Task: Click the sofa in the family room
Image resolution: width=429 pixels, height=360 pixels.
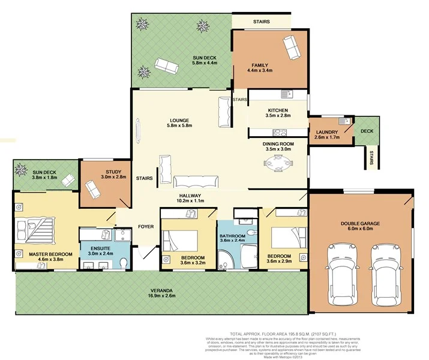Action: coord(292,47)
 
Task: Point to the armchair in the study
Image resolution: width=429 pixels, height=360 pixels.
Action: coord(93,190)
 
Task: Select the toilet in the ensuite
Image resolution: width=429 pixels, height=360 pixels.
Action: coord(123,263)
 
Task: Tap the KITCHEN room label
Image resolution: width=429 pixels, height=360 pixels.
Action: coord(278,110)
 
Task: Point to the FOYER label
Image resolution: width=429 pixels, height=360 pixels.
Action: coord(145,227)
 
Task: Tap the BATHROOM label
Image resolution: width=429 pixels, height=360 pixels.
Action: coord(232,236)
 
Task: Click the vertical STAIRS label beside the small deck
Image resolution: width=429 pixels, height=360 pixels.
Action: coord(372,157)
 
